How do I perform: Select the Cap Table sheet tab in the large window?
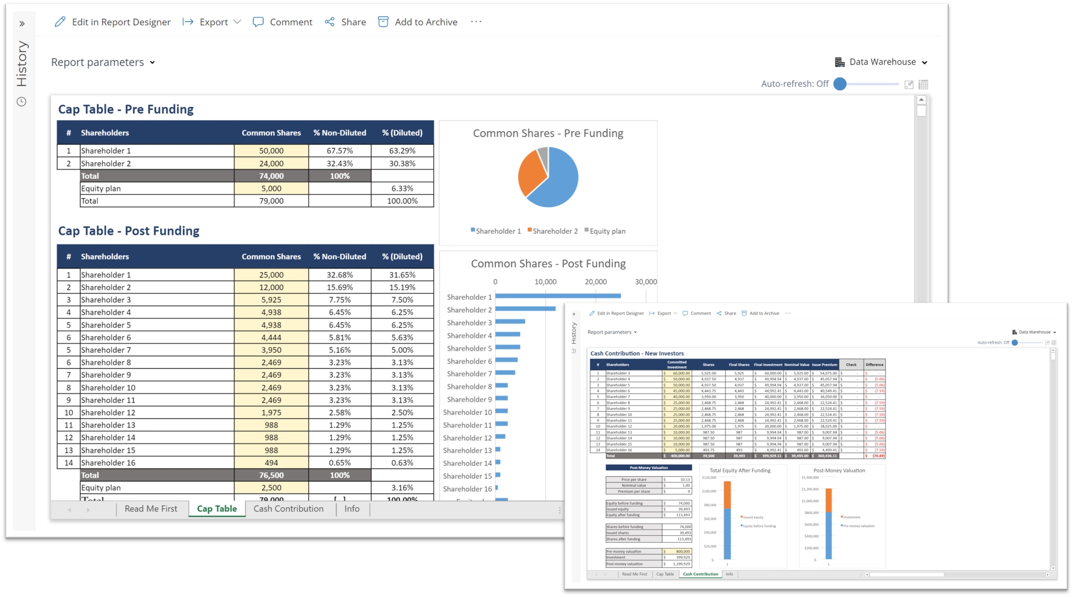click(x=217, y=508)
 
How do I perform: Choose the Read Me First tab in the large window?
click(x=151, y=508)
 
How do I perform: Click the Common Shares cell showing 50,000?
click(x=271, y=151)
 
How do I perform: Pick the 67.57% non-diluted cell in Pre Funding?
click(x=340, y=151)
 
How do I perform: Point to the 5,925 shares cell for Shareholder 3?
click(x=271, y=300)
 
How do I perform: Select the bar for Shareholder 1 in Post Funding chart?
click(x=557, y=296)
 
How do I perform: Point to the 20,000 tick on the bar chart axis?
click(x=595, y=282)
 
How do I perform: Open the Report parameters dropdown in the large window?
click(x=103, y=62)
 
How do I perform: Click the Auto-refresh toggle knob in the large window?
click(x=840, y=84)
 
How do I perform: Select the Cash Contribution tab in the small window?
click(x=700, y=574)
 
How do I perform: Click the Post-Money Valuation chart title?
click(x=839, y=470)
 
